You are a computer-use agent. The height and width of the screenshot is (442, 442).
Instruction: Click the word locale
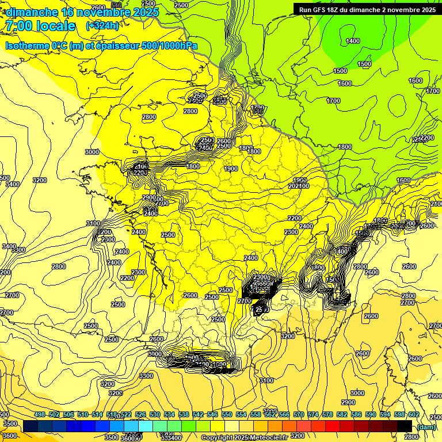[x=55, y=26]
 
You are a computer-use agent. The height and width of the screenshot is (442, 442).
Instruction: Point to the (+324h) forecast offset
[x=102, y=26]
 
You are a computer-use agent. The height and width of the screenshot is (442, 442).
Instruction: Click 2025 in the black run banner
[x=426, y=10]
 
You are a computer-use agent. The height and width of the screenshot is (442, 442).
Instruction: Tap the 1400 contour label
[x=353, y=41]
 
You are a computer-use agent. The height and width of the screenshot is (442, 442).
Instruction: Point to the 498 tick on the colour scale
[x=40, y=415]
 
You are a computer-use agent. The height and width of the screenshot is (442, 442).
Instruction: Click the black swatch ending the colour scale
[x=404, y=426]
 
